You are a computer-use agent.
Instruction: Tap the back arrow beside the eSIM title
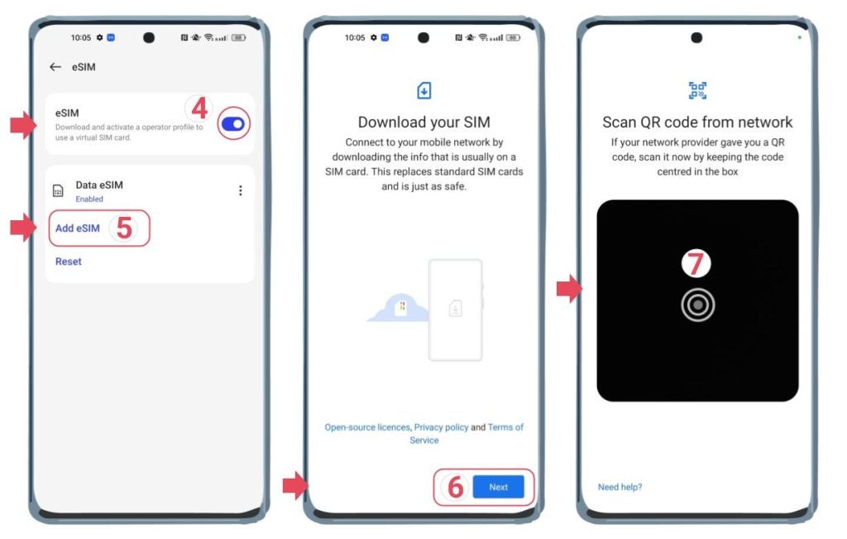click(x=55, y=67)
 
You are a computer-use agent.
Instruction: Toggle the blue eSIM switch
click(x=234, y=124)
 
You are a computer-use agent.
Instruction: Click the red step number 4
click(x=199, y=108)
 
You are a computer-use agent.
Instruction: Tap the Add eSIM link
click(x=78, y=229)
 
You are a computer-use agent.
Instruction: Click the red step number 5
click(x=124, y=229)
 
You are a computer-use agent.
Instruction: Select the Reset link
click(x=69, y=262)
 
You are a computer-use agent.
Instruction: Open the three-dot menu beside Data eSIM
click(x=241, y=190)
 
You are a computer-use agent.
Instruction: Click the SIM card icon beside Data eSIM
click(x=58, y=191)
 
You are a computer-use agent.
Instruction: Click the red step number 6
click(x=455, y=488)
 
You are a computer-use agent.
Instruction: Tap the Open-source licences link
click(x=367, y=427)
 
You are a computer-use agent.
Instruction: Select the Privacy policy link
click(x=442, y=427)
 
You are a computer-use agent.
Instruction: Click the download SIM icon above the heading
click(x=424, y=91)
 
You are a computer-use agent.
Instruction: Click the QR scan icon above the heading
click(x=697, y=91)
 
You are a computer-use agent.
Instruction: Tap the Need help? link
click(x=620, y=487)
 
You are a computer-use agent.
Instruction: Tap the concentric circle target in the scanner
click(x=697, y=306)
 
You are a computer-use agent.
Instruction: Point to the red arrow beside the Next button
click(x=294, y=487)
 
